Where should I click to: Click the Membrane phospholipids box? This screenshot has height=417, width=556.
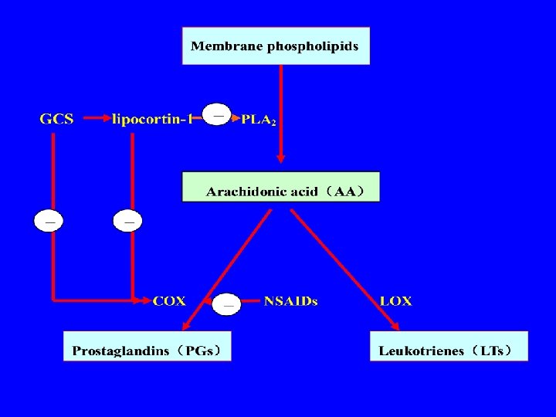coord(275,46)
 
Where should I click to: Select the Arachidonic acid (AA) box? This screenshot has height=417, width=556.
coord(281,187)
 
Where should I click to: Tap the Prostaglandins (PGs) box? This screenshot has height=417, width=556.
coord(147,346)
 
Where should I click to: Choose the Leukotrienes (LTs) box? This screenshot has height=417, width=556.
coord(449,346)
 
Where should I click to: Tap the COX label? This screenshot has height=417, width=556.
coord(169,301)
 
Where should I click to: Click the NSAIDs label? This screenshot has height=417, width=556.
coord(290,301)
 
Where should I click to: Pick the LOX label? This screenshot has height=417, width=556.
coord(395,301)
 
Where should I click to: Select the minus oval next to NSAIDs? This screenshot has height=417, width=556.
coord(227,304)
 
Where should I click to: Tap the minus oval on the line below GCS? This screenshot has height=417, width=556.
coord(50,221)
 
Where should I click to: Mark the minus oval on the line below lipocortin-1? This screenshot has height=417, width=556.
coord(128,221)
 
